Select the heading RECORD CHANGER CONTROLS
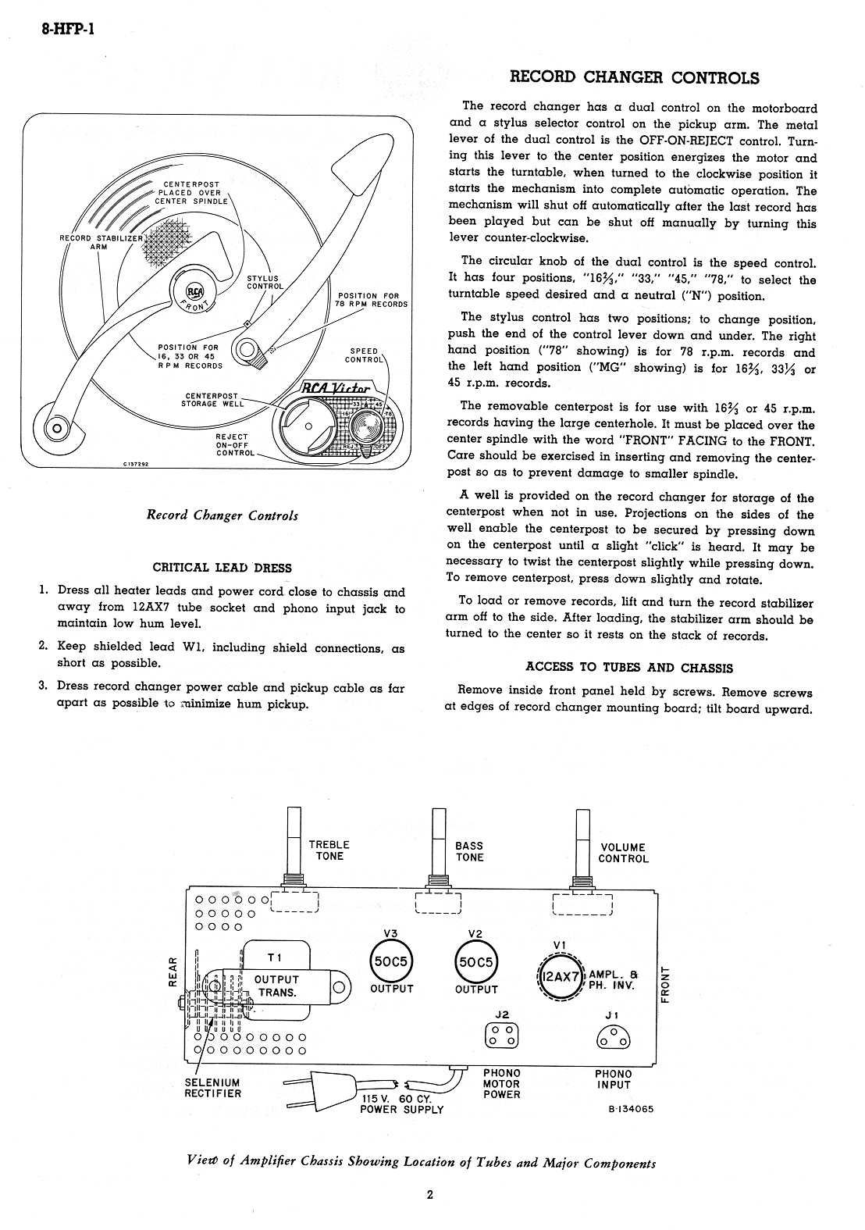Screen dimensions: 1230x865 click(x=634, y=77)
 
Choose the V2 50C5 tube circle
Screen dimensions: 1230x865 click(x=475, y=962)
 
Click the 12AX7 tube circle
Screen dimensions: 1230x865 click(x=560, y=975)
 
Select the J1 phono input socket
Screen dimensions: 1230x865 click(x=613, y=1036)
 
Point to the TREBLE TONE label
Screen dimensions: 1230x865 click(x=329, y=850)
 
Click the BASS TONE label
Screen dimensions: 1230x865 click(x=469, y=851)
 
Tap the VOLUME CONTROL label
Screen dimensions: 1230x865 click(x=623, y=853)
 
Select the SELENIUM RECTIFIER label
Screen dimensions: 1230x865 click(x=212, y=1088)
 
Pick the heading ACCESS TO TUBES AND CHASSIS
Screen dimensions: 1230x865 click(x=629, y=667)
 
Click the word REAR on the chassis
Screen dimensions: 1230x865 click(x=173, y=973)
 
